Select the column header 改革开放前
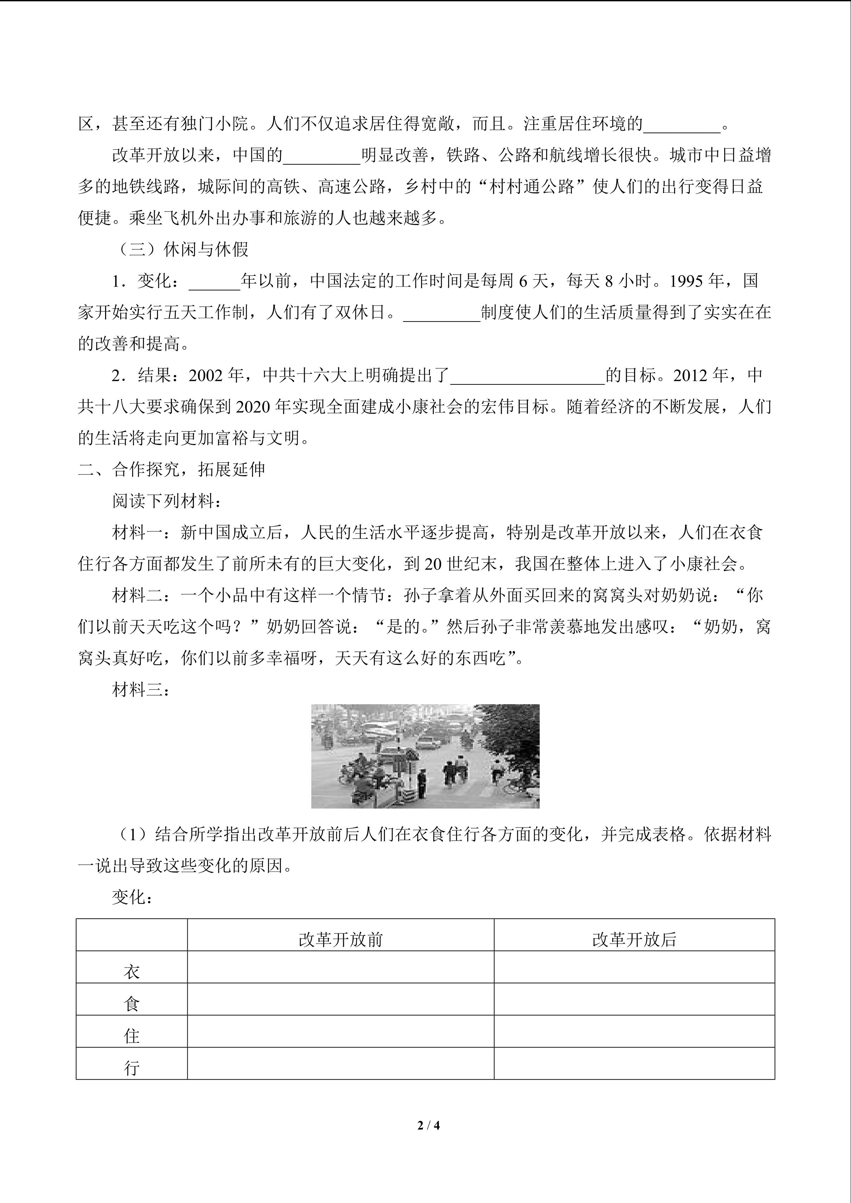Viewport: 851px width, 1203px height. (341, 940)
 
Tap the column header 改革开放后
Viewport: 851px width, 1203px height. (634, 940)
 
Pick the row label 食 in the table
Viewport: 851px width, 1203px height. (132, 1004)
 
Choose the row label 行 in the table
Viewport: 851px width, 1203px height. (132, 1068)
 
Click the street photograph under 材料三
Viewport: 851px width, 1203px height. (425, 756)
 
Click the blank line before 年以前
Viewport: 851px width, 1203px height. (214, 283)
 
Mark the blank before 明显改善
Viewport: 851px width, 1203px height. (321, 157)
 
